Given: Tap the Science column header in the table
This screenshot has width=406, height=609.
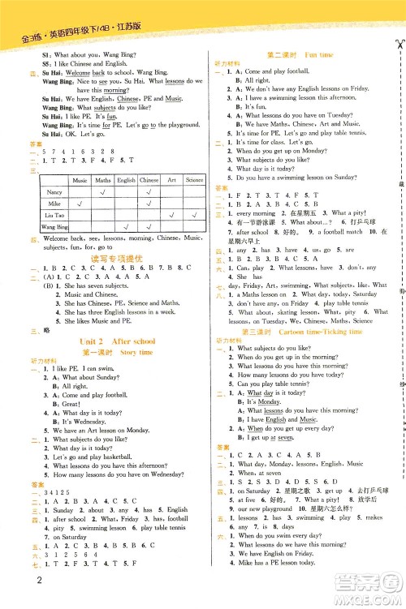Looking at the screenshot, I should pos(194,180).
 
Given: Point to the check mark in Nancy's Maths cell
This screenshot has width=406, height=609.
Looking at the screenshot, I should pos(103,192).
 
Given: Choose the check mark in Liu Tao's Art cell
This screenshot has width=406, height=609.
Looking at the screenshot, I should pos(172,216).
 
